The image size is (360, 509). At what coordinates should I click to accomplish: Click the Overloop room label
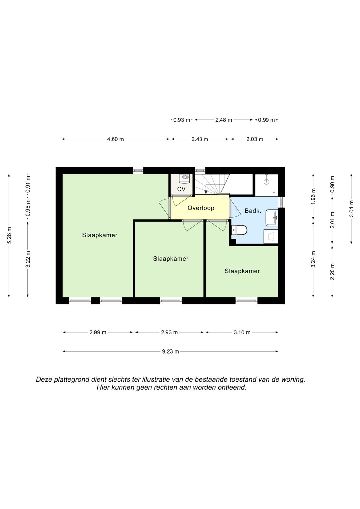(201, 208)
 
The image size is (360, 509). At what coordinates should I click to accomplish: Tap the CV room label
(181, 189)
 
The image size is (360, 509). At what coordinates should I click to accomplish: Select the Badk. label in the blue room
(253, 211)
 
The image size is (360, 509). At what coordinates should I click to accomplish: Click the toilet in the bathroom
(239, 230)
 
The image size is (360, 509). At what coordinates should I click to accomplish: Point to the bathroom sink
(272, 218)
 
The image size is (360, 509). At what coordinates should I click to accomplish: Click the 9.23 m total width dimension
(170, 352)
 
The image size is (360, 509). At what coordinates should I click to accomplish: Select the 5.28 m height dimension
(9, 235)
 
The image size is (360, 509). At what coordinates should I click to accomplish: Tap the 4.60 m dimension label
(115, 139)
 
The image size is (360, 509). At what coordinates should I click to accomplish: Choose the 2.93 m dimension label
(169, 332)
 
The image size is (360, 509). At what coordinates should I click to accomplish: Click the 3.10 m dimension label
(242, 332)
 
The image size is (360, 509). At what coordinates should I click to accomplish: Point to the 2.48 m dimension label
(224, 120)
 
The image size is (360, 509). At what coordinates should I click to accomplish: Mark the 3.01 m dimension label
(351, 209)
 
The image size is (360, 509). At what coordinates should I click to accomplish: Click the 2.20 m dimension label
(332, 272)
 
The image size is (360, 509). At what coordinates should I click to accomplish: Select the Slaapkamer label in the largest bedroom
(100, 235)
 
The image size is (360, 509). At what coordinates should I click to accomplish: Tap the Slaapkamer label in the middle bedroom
(171, 259)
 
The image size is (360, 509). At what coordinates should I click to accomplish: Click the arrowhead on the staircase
(206, 192)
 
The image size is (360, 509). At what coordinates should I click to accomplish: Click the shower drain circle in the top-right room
(266, 181)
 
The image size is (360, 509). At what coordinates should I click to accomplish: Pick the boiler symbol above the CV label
(184, 179)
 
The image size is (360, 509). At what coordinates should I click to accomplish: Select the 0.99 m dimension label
(266, 120)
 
